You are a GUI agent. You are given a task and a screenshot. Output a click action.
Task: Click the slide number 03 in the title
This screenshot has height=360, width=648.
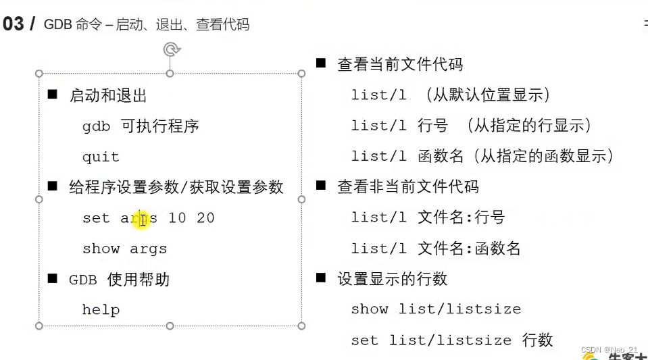click(14, 24)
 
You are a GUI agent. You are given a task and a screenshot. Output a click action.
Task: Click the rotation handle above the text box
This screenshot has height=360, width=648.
click(172, 49)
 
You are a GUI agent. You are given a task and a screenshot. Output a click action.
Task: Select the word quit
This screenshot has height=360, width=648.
click(101, 157)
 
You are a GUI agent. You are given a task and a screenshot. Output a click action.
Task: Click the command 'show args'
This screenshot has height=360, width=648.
click(124, 249)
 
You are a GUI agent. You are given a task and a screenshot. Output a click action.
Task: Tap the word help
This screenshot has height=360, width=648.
click(101, 310)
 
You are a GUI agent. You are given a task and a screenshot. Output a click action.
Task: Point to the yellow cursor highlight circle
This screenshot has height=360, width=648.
click(141, 219)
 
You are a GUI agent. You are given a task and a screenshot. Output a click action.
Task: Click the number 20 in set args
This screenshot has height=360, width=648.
click(205, 218)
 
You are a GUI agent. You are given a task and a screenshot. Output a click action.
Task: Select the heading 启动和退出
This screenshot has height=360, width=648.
click(108, 96)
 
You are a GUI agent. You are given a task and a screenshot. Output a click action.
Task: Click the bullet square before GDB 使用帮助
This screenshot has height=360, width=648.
click(53, 278)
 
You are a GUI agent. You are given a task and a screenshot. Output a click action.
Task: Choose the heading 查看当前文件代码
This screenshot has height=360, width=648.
click(400, 65)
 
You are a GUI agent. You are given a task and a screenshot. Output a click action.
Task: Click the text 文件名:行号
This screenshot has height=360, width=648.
click(462, 217)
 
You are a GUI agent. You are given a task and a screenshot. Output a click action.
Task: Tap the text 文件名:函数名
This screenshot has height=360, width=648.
click(470, 249)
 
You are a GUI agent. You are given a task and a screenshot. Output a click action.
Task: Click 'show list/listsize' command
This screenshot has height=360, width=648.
click(436, 309)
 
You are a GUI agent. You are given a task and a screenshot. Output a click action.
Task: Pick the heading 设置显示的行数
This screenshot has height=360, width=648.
click(393, 279)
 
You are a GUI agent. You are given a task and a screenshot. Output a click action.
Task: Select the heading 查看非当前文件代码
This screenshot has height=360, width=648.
click(408, 187)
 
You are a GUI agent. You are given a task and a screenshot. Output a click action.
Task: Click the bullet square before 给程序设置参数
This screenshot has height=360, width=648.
click(53, 186)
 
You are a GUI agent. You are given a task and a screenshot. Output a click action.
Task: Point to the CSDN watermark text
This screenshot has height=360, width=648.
click(609, 349)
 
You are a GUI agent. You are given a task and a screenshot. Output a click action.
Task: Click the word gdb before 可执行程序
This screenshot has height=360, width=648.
click(96, 126)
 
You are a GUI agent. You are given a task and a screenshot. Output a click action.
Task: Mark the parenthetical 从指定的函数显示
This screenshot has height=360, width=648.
click(543, 157)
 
